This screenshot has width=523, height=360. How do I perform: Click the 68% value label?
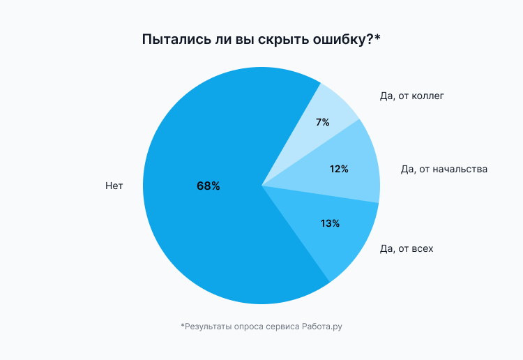pos(208,186)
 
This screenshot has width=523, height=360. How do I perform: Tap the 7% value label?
pos(322,122)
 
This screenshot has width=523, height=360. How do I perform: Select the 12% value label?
pos(339,169)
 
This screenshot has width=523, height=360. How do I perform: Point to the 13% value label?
pos(330,223)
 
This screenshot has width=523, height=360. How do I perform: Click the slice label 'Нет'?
pos(114,186)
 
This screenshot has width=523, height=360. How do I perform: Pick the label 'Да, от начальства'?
pos(444,169)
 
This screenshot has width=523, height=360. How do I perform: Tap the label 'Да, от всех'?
pos(407,248)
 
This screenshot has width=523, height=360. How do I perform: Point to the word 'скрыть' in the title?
pos(278,40)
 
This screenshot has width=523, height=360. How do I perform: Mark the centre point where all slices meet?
pos(261,186)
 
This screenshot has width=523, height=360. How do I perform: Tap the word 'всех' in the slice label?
pos(421,248)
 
